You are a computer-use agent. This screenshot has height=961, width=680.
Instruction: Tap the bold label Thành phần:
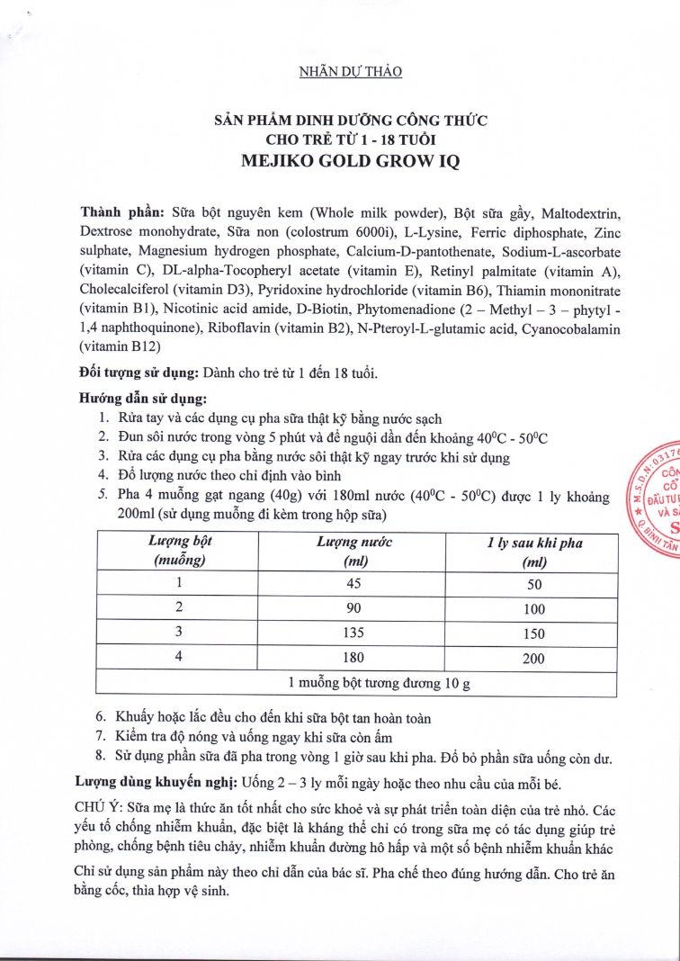click(121, 213)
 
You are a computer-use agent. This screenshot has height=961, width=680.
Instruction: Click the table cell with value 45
click(353, 582)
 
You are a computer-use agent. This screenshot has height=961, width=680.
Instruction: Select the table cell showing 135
click(353, 633)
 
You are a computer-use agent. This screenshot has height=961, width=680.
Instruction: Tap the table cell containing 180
click(353, 657)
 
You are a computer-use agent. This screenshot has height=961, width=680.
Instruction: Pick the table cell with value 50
click(533, 583)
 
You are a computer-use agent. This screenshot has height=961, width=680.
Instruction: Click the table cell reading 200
click(533, 658)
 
